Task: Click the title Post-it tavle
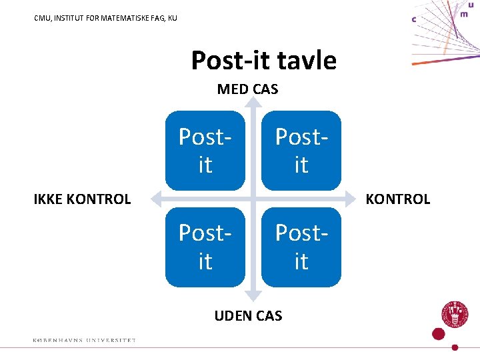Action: [x=263, y=61]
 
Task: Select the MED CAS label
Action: [x=247, y=89]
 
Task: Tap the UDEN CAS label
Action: [x=248, y=315]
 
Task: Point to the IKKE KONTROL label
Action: [x=82, y=199]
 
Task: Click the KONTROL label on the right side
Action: [x=398, y=199]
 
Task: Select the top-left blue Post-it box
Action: [x=205, y=151]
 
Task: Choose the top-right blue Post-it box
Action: [x=301, y=151]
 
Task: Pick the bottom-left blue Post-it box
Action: [x=205, y=247]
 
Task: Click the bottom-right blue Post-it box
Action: [x=301, y=247]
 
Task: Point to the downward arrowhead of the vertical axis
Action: [x=253, y=295]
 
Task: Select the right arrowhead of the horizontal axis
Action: [x=351, y=198]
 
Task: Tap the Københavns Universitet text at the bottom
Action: [x=84, y=340]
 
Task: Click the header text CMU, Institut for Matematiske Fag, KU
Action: [x=105, y=18]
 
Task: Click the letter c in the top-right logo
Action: [x=414, y=19]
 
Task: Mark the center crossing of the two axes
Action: [x=253, y=198]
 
